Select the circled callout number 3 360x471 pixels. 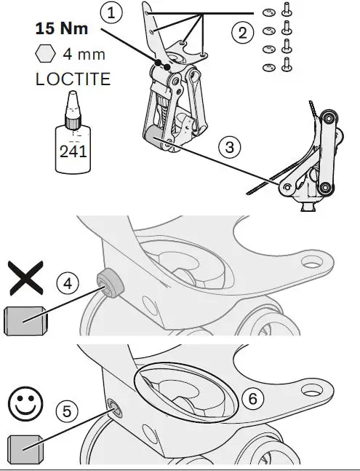click(229, 146)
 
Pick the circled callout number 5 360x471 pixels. click(66, 411)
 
